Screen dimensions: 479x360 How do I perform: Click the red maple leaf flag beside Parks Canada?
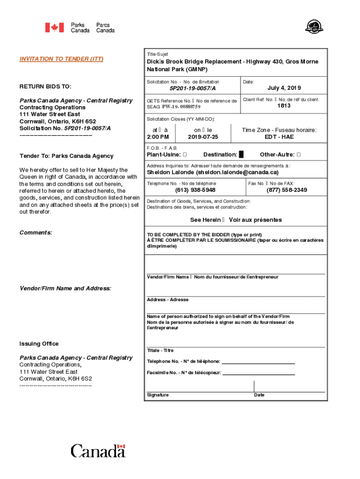(54, 28)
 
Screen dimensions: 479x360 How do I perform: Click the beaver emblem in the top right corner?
(311, 27)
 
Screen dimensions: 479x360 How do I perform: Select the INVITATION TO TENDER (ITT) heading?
(61, 59)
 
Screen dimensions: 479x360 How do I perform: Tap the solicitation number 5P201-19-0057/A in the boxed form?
(193, 88)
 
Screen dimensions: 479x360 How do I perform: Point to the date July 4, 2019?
(284, 88)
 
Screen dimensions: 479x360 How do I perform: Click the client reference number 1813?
(284, 106)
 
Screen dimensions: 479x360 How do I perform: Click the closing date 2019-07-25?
(203, 137)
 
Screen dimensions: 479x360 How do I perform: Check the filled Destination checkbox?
(241, 155)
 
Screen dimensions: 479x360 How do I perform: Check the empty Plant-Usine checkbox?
(185, 155)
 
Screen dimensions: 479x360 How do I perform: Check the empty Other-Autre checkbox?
(299, 155)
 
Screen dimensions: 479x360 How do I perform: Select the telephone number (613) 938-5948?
(195, 190)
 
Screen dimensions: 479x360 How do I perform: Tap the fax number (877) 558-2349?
(287, 190)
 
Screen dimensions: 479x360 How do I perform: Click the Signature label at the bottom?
(158, 395)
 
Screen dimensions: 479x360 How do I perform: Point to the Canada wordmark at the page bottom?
(98, 451)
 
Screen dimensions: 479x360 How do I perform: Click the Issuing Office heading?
(39, 344)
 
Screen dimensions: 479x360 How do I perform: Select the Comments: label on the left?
(36, 232)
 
